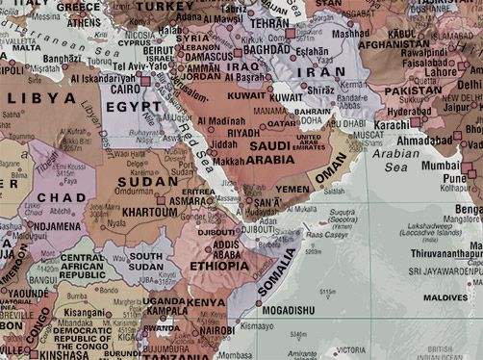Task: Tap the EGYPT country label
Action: click(142, 106)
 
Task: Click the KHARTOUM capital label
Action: click(151, 211)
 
